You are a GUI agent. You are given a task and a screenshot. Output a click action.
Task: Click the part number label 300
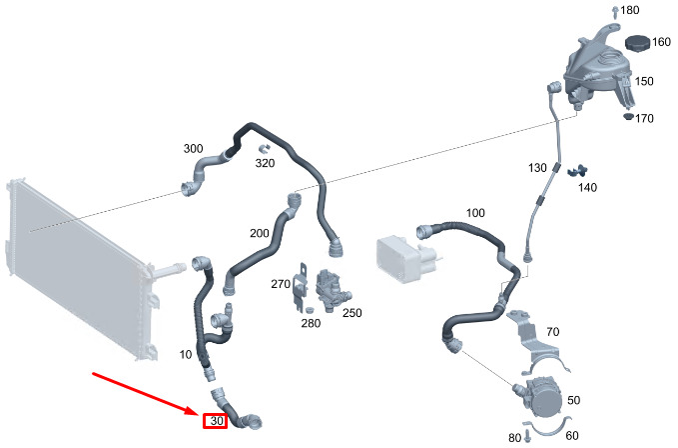pyautogui.click(x=193, y=148)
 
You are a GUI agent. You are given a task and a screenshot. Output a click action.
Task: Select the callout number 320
pyautogui.click(x=265, y=163)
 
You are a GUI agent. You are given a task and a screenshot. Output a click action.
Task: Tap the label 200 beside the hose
pyautogui.click(x=260, y=233)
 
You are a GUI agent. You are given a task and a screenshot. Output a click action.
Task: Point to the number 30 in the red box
pyautogui.click(x=217, y=421)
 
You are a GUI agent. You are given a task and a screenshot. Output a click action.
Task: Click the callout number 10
pyautogui.click(x=186, y=355)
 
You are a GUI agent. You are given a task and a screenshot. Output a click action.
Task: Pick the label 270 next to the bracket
pyautogui.click(x=281, y=284)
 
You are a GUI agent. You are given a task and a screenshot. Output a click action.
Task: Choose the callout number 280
pyautogui.click(x=311, y=323)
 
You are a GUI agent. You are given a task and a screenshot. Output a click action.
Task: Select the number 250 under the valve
pyautogui.click(x=351, y=313)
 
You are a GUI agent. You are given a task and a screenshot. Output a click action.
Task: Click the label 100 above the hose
pyautogui.click(x=475, y=213)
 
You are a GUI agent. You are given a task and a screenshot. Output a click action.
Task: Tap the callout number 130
pyautogui.click(x=537, y=168)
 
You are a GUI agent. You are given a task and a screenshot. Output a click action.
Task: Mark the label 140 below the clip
pyautogui.click(x=587, y=187)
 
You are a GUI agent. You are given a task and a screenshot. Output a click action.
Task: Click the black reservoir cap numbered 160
pyautogui.click(x=638, y=43)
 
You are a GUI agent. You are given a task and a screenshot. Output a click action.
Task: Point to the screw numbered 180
pyautogui.click(x=615, y=12)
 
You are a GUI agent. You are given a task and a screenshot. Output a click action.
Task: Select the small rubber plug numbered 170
pyautogui.click(x=629, y=117)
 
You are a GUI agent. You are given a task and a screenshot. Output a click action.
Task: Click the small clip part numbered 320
pyautogui.click(x=264, y=149)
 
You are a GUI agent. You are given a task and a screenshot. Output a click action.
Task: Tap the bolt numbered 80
pyautogui.click(x=526, y=436)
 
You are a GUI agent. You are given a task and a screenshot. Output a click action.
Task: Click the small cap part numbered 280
pyautogui.click(x=309, y=309)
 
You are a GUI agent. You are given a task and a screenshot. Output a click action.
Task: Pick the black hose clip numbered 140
pyautogui.click(x=577, y=171)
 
